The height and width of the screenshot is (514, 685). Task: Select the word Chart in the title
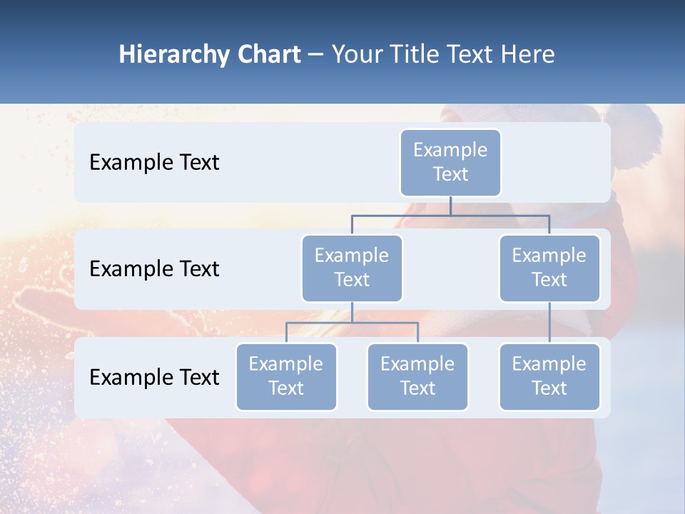click(267, 55)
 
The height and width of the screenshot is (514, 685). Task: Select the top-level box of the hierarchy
click(450, 163)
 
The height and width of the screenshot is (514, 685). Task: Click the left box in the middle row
click(352, 268)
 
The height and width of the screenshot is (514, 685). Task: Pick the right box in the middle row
click(549, 268)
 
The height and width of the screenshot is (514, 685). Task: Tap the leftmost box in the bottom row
click(286, 377)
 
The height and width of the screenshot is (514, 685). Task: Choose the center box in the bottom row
click(417, 377)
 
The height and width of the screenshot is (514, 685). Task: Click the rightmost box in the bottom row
click(549, 377)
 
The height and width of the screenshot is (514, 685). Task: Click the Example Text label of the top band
click(154, 163)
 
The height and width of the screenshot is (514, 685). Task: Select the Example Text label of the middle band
click(154, 269)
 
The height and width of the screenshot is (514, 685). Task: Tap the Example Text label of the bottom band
click(154, 377)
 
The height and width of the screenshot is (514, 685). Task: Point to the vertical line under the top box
click(450, 206)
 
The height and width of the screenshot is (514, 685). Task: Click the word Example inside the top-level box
click(450, 151)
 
